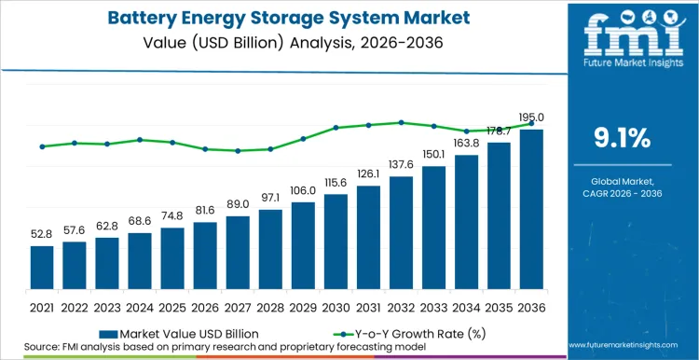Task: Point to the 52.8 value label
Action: click(x=42, y=234)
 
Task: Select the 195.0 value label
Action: click(x=532, y=118)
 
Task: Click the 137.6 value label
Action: click(x=401, y=164)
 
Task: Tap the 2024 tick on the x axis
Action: click(x=140, y=307)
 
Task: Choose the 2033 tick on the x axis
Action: click(x=433, y=307)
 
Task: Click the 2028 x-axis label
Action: click(x=270, y=307)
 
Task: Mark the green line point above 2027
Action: click(x=238, y=150)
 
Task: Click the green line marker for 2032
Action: click(x=401, y=122)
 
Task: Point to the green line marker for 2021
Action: click(x=42, y=146)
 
